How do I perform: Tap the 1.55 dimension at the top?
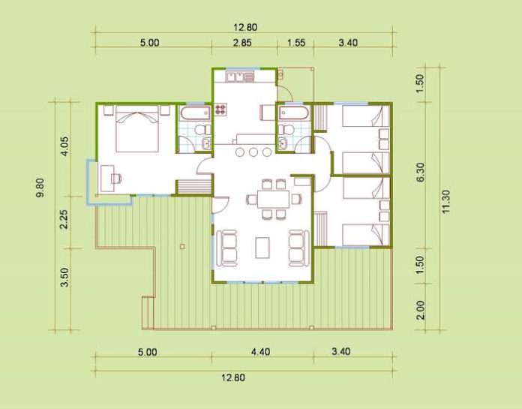(296, 43)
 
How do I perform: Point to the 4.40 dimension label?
(261, 352)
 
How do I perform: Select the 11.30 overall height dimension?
(446, 202)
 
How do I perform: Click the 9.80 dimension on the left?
(40, 188)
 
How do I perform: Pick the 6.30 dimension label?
(421, 172)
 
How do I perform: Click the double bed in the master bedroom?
(136, 128)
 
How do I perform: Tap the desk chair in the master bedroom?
(115, 179)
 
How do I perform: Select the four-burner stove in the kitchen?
(220, 110)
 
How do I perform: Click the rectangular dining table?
(273, 199)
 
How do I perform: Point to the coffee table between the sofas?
(262, 248)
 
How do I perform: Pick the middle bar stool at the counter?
(253, 152)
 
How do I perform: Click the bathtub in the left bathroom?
(196, 113)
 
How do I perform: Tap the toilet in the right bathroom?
(286, 130)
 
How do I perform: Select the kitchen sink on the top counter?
(235, 77)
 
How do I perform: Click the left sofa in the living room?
(227, 248)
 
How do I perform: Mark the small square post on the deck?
(182, 246)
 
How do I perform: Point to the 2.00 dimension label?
(421, 310)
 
